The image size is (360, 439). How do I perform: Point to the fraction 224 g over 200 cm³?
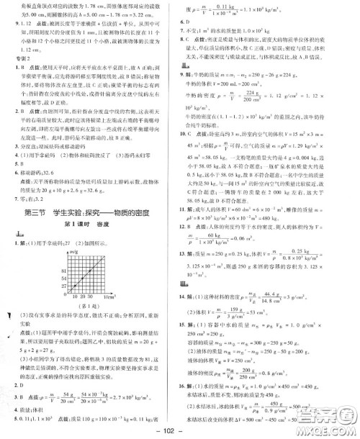coord(243,115)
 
